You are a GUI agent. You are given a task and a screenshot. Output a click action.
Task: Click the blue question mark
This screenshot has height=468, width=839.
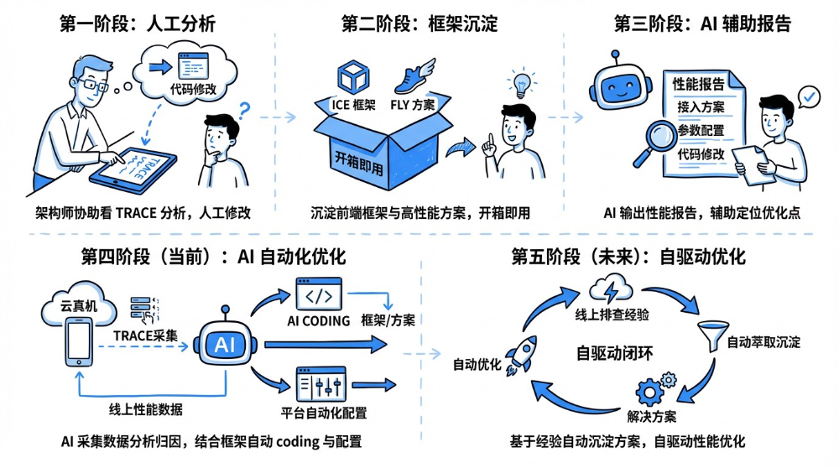click(245, 110)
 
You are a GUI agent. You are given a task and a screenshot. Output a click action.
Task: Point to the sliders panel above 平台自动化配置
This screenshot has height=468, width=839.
click(322, 385)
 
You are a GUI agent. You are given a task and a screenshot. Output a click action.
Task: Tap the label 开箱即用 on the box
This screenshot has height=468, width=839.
click(358, 160)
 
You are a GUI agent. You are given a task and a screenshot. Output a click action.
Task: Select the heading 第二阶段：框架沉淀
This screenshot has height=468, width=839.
click(419, 23)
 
